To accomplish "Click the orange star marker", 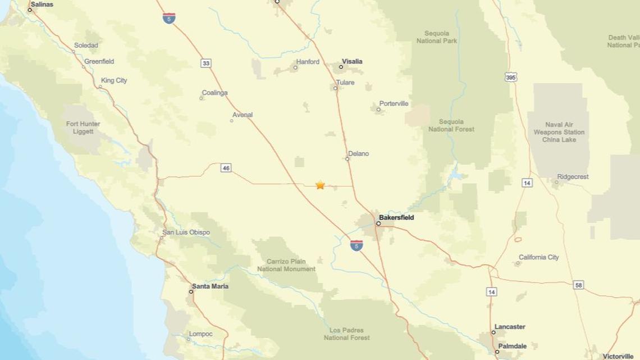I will point(320,185).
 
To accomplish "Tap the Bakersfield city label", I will point(396,217).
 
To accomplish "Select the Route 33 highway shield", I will point(206,63).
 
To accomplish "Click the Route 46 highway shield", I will point(226,168).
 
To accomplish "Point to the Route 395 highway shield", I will point(510,77).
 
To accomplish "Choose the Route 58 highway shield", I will point(579,285).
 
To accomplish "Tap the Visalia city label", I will point(353,62).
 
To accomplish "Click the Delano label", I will point(359,153).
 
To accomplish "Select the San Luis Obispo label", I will point(186,233).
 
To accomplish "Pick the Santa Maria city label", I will point(210,286).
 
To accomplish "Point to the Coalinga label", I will point(215,93).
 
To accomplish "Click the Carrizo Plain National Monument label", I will point(286,265).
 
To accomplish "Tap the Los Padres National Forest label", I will point(346,334).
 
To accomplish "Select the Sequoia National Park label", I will point(437,37).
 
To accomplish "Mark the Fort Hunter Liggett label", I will point(83,127).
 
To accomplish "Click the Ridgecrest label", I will point(573,177).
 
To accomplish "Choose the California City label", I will point(539,257).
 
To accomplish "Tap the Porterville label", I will point(394,104).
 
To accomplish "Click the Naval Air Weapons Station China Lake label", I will point(559,132).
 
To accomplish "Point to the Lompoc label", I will point(200,334).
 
